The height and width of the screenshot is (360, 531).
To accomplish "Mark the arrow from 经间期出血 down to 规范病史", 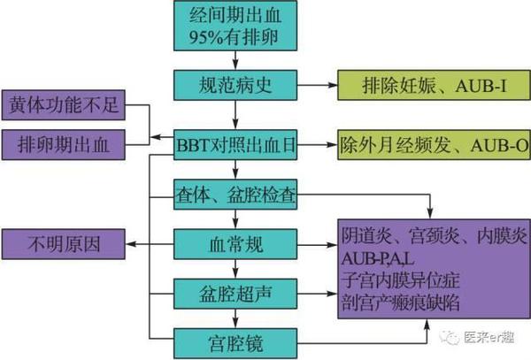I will click(235, 61).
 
